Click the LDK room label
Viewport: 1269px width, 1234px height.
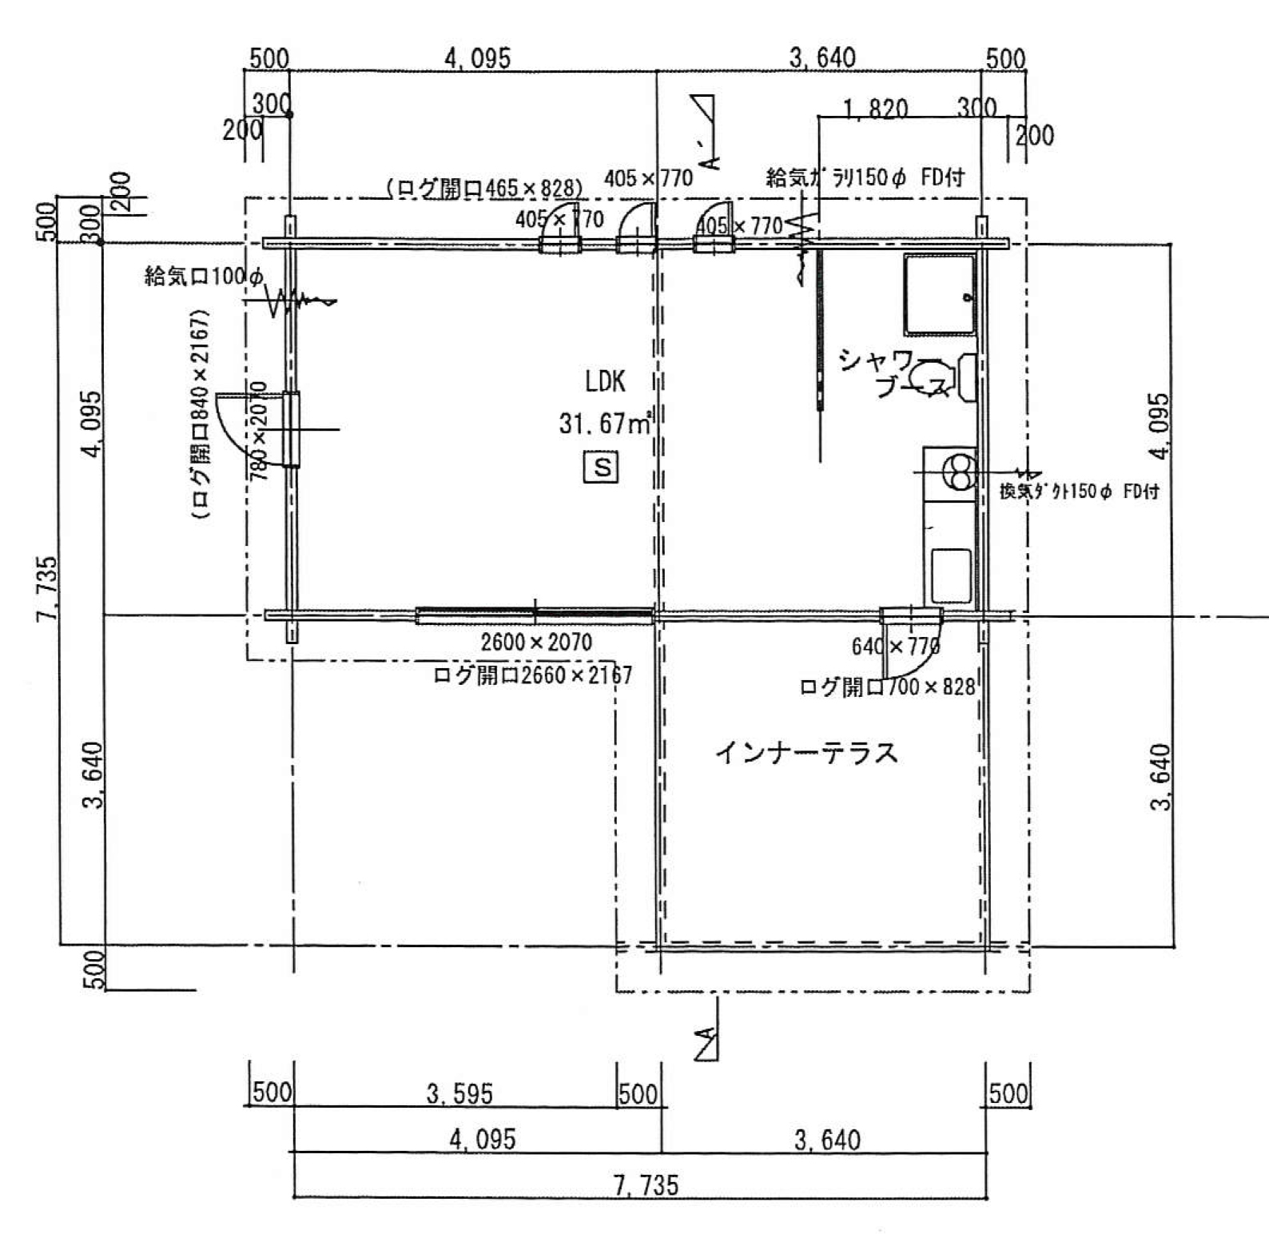coord(605,382)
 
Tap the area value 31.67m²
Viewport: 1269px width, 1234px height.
coord(605,423)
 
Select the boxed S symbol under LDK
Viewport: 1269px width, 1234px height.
coord(602,466)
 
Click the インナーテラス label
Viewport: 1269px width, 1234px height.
coord(806,753)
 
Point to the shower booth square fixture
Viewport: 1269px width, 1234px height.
coord(940,294)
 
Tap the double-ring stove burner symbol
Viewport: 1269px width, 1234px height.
coord(959,472)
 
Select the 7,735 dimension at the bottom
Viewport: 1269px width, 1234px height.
coord(647,1184)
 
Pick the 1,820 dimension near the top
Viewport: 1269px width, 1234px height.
coord(875,108)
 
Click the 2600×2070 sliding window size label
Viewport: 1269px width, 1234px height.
coord(536,642)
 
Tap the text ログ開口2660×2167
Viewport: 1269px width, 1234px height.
coord(532,676)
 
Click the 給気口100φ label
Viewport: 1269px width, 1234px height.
coord(203,277)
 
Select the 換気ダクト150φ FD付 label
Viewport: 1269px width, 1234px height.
coord(1079,492)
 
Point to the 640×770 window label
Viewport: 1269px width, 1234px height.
coord(894,647)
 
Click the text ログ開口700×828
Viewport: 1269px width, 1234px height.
coord(887,687)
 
